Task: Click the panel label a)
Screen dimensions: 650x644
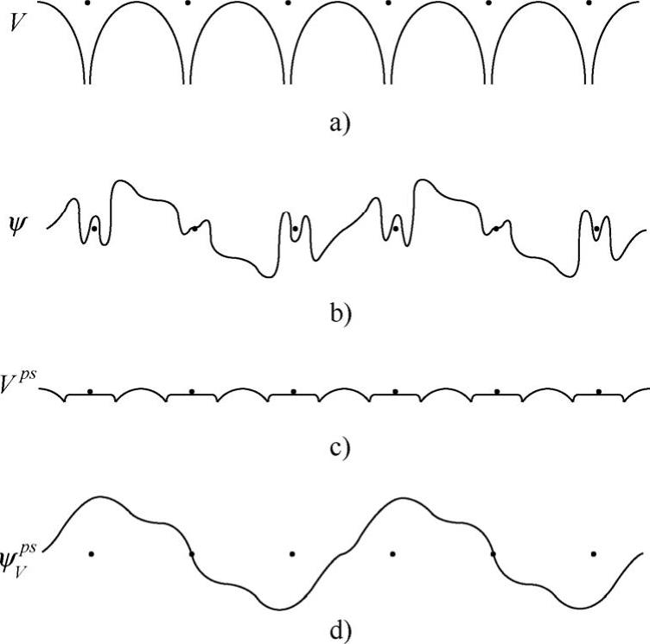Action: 339,124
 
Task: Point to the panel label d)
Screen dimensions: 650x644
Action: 339,633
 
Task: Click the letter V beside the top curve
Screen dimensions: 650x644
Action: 16,22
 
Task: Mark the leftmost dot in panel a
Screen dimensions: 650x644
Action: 87,3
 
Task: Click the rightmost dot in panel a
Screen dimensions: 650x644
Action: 589,3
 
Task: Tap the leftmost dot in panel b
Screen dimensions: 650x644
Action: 93,228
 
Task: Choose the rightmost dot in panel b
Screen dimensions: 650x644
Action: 596,228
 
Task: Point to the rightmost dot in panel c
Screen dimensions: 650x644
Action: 598,391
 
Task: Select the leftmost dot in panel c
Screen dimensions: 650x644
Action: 90,391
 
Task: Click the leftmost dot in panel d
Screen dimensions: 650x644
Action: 90,552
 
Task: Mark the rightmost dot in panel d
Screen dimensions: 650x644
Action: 594,552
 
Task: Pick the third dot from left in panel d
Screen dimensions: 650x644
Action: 292,552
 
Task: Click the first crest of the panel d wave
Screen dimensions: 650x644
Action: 100,498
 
